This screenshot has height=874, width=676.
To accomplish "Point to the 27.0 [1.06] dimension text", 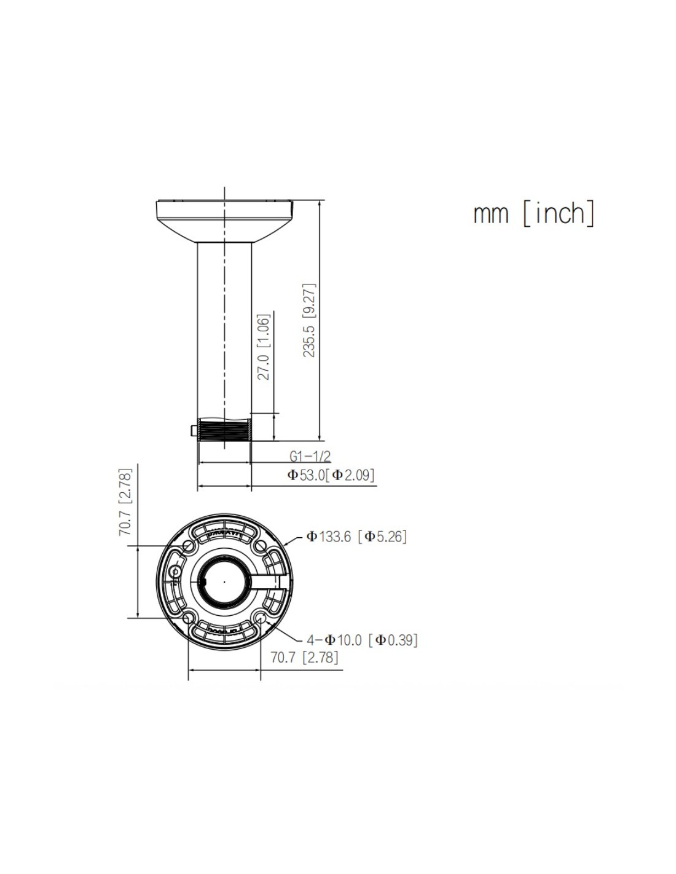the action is [x=264, y=347].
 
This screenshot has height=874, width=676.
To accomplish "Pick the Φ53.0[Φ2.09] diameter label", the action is [x=331, y=475].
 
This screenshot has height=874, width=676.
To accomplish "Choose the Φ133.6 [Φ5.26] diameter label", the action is [x=356, y=537].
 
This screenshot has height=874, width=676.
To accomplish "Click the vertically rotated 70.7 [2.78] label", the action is [x=125, y=502].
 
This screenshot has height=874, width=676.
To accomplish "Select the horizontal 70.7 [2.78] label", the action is [x=304, y=658].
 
